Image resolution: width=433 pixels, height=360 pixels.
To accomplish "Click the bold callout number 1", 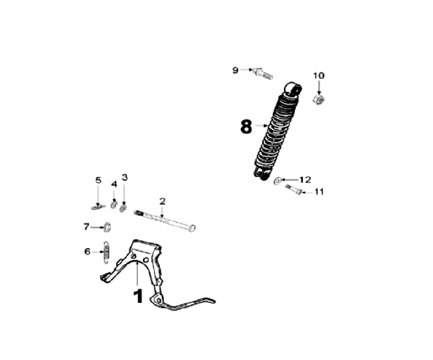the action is [x=138, y=296].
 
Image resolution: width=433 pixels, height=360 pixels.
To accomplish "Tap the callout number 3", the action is [x=124, y=177].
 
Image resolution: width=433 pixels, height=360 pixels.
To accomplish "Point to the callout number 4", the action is [x=114, y=184].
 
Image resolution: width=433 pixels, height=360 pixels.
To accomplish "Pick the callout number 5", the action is [x=99, y=180].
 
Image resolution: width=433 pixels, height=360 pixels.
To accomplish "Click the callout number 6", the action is [x=87, y=251].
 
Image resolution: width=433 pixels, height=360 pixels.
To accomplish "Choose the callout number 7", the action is [x=86, y=226].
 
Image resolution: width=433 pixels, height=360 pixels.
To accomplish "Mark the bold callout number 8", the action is [x=245, y=127].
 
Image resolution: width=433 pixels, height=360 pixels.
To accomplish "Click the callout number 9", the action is [x=236, y=70].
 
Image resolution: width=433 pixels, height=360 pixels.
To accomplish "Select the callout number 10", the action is [x=318, y=75].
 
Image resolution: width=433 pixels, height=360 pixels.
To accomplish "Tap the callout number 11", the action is [x=319, y=192].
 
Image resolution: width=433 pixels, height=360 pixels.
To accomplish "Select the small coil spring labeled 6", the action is [x=106, y=251].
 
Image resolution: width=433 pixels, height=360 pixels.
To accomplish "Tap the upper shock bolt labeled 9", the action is [x=262, y=75].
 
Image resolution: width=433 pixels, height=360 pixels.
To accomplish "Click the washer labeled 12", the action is [x=278, y=180].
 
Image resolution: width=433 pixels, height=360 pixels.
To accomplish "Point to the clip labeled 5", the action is [x=98, y=207].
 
